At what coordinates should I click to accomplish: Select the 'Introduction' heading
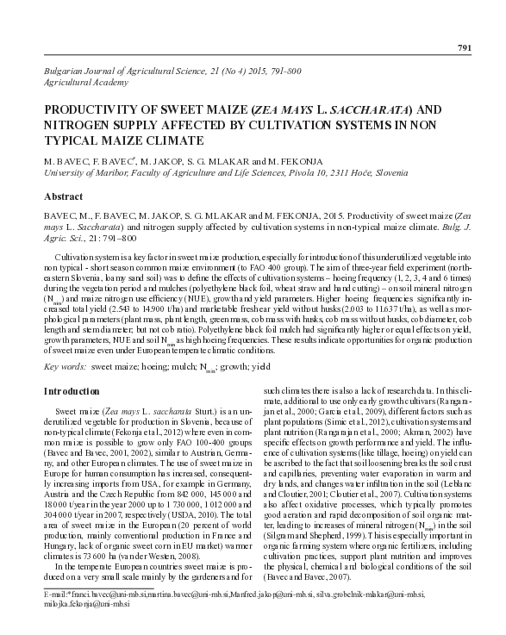[77, 392]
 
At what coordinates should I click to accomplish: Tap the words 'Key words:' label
[65, 366]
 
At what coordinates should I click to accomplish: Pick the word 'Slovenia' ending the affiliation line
[390, 172]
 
